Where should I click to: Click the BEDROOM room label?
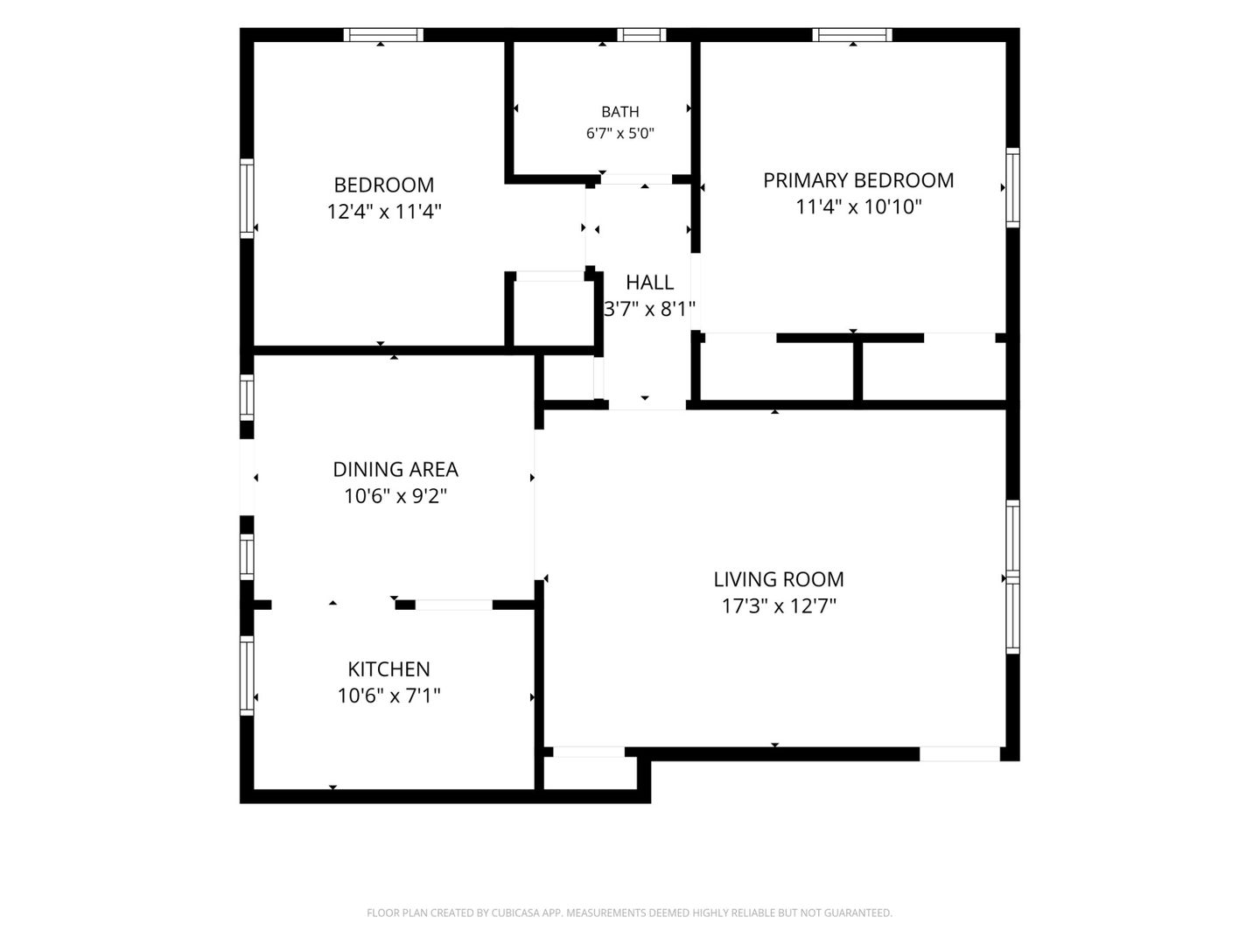coord(383,185)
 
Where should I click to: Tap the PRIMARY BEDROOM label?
coord(857,180)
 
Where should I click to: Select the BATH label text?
coord(620,111)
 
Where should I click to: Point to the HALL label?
coord(649,283)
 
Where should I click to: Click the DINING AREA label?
coord(395,469)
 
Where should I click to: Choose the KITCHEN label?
coord(388,669)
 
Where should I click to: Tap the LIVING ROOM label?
coord(779,579)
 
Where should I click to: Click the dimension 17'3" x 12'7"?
coord(779,605)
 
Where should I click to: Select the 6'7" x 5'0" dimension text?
coord(620,134)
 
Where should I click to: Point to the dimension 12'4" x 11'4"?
coord(383,212)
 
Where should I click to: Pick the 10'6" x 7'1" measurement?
coord(388,696)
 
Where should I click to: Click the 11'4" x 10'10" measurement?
coord(857,206)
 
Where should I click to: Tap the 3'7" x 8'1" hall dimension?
coord(649,309)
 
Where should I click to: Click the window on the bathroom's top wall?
coord(641,35)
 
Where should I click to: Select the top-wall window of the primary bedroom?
coord(852,35)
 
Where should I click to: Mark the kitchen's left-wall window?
coord(247,675)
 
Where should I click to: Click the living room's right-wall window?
coord(1012,577)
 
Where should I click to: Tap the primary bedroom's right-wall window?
coord(1012,187)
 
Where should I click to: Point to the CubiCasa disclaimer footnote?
coord(629,913)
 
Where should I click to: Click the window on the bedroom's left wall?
coord(247,199)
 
